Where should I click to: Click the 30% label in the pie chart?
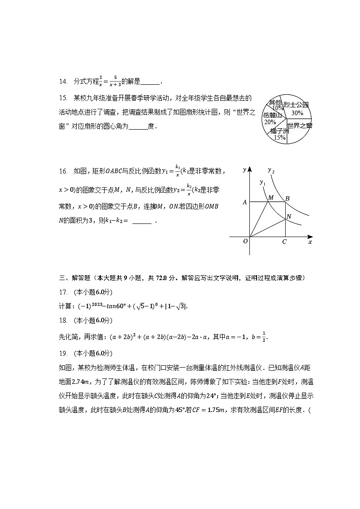click(x=297, y=113)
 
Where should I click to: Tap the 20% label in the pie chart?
click(x=270, y=122)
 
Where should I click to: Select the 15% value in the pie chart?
click(x=280, y=137)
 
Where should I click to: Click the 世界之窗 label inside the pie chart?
click(x=300, y=126)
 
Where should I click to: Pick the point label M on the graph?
click(x=271, y=198)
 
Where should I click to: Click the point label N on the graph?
click(x=289, y=218)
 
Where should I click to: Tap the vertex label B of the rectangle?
click(x=287, y=198)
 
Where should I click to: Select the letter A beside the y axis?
click(x=245, y=203)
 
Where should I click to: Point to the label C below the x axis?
click(x=284, y=242)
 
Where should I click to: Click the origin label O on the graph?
click(x=245, y=241)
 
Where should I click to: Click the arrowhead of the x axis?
click(x=310, y=237)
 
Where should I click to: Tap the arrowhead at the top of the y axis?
click(x=249, y=170)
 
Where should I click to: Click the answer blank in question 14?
click(x=150, y=82)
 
